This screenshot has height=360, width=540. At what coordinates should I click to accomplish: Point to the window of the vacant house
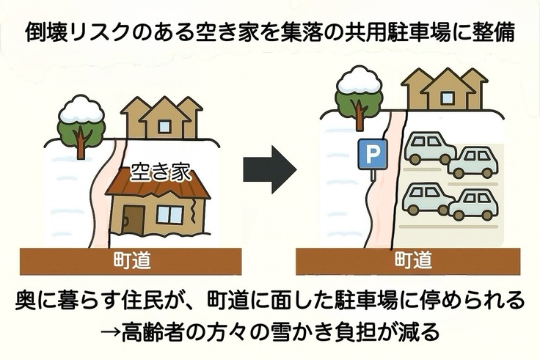(169, 214)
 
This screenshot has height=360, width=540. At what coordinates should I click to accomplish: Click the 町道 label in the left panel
(133, 260)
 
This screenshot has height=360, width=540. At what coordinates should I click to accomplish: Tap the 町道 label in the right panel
(413, 260)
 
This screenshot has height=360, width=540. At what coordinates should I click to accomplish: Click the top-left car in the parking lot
(428, 148)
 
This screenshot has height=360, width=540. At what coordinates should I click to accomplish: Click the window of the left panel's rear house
(165, 126)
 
